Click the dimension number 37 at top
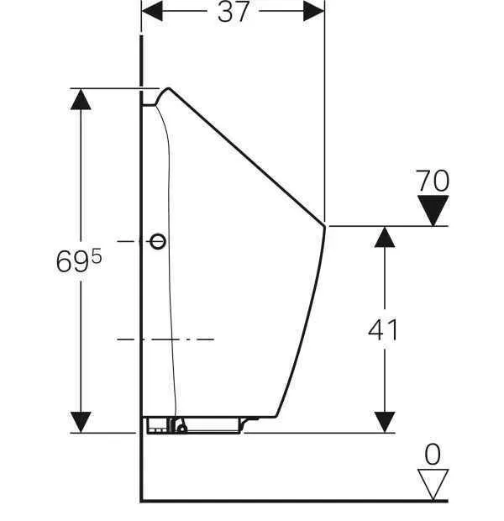click(x=234, y=11)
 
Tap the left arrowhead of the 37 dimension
click(x=152, y=11)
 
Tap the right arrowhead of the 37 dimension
click(x=313, y=11)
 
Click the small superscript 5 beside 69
click(x=97, y=255)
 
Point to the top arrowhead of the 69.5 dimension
click(x=81, y=99)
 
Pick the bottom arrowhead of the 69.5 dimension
click(x=81, y=423)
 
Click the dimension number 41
click(x=383, y=329)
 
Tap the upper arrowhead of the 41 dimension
click(x=385, y=237)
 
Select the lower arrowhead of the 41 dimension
click(x=385, y=423)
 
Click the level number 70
click(x=433, y=181)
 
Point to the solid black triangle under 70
click(x=433, y=210)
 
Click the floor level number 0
click(x=433, y=455)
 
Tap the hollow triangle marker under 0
click(x=433, y=484)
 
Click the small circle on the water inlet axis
click(x=158, y=241)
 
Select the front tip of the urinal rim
click(x=324, y=226)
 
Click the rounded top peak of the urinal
click(x=168, y=89)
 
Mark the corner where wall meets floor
click(x=141, y=500)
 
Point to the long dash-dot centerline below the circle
click(x=165, y=339)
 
